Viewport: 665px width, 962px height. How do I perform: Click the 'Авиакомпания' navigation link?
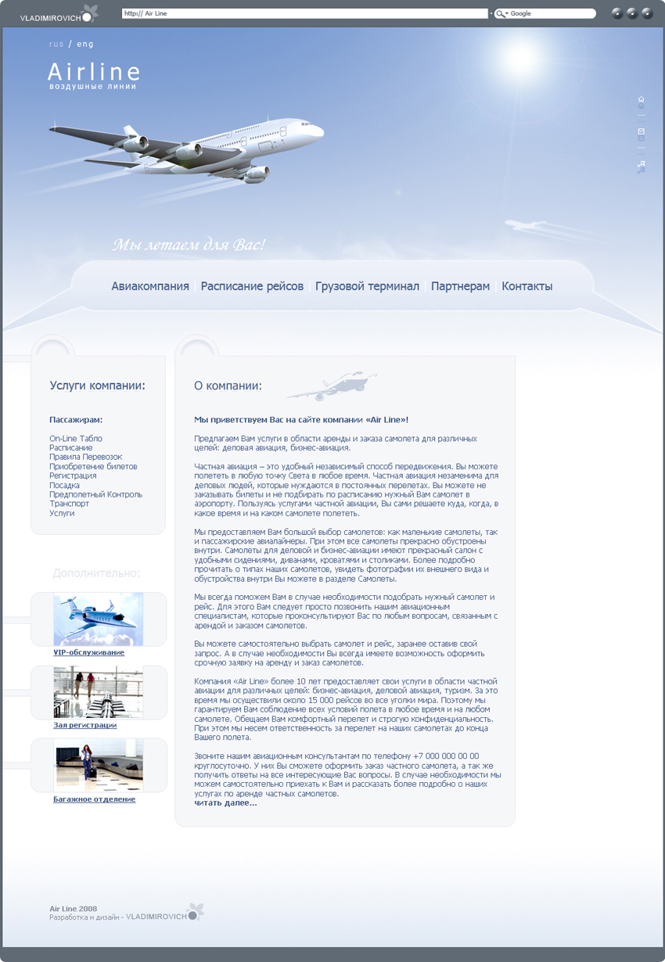(x=150, y=286)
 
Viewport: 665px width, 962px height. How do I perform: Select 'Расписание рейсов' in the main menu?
(x=252, y=286)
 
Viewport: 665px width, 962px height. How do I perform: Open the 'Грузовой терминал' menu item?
(x=367, y=286)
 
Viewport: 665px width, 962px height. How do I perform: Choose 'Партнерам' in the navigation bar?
(x=460, y=286)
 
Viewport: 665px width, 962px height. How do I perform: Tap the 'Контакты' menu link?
(x=527, y=286)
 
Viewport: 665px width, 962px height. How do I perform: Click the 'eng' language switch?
(x=85, y=45)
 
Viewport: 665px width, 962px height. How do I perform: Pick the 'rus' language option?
(x=56, y=45)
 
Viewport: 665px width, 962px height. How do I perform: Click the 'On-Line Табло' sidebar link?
(x=76, y=439)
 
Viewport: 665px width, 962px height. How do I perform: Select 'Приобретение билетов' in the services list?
(x=93, y=467)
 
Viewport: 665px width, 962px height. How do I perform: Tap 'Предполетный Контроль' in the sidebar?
(x=95, y=494)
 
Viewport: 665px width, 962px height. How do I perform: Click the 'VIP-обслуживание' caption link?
(x=88, y=652)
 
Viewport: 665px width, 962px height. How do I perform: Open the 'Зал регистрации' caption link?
(x=84, y=725)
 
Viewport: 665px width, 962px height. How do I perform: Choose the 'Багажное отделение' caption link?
(x=94, y=799)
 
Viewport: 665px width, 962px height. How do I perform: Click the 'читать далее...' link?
(x=225, y=802)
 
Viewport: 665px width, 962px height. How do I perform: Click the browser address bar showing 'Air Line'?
(x=305, y=13)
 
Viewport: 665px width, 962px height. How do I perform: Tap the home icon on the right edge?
(x=642, y=99)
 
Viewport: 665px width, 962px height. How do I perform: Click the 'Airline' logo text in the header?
(x=94, y=73)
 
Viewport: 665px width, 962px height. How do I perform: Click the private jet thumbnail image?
(x=99, y=619)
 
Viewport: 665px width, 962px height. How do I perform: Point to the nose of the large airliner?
(x=320, y=131)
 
